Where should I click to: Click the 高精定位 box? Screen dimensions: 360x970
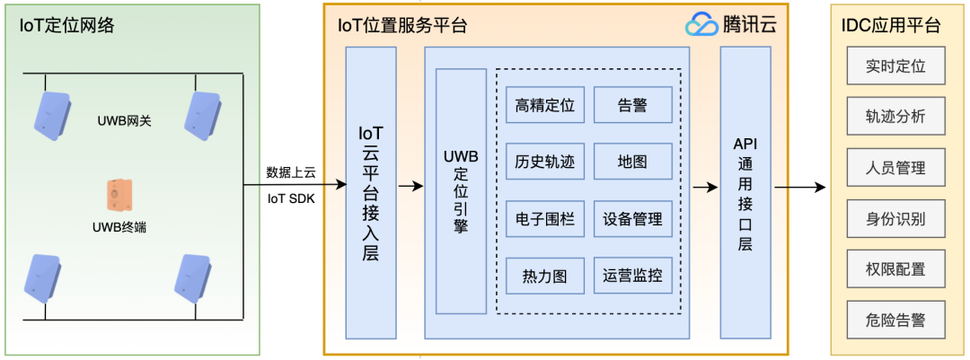[x=544, y=105]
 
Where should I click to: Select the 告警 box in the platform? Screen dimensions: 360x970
[x=632, y=105]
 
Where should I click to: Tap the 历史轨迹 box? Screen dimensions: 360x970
[x=544, y=162]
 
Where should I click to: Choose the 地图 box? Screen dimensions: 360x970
[x=632, y=162]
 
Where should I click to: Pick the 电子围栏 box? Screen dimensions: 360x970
[x=544, y=219]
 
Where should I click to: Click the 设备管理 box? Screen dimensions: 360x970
[x=632, y=219]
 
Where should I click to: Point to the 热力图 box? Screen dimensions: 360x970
[x=544, y=276]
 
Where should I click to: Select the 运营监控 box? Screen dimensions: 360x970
[x=632, y=276]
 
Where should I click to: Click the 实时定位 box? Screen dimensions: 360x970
[x=895, y=66]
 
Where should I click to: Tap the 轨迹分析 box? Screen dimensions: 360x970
[x=895, y=117]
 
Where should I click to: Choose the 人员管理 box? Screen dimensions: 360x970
[x=895, y=168]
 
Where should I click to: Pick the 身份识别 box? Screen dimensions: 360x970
[x=895, y=218]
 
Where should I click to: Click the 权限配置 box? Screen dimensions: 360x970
[x=895, y=269]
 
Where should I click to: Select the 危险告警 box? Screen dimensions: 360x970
[x=895, y=320]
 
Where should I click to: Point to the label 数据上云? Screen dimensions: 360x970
[x=291, y=172]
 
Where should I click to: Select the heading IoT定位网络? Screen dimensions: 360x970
[x=67, y=25]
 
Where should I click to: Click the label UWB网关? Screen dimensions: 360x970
[x=125, y=119]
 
